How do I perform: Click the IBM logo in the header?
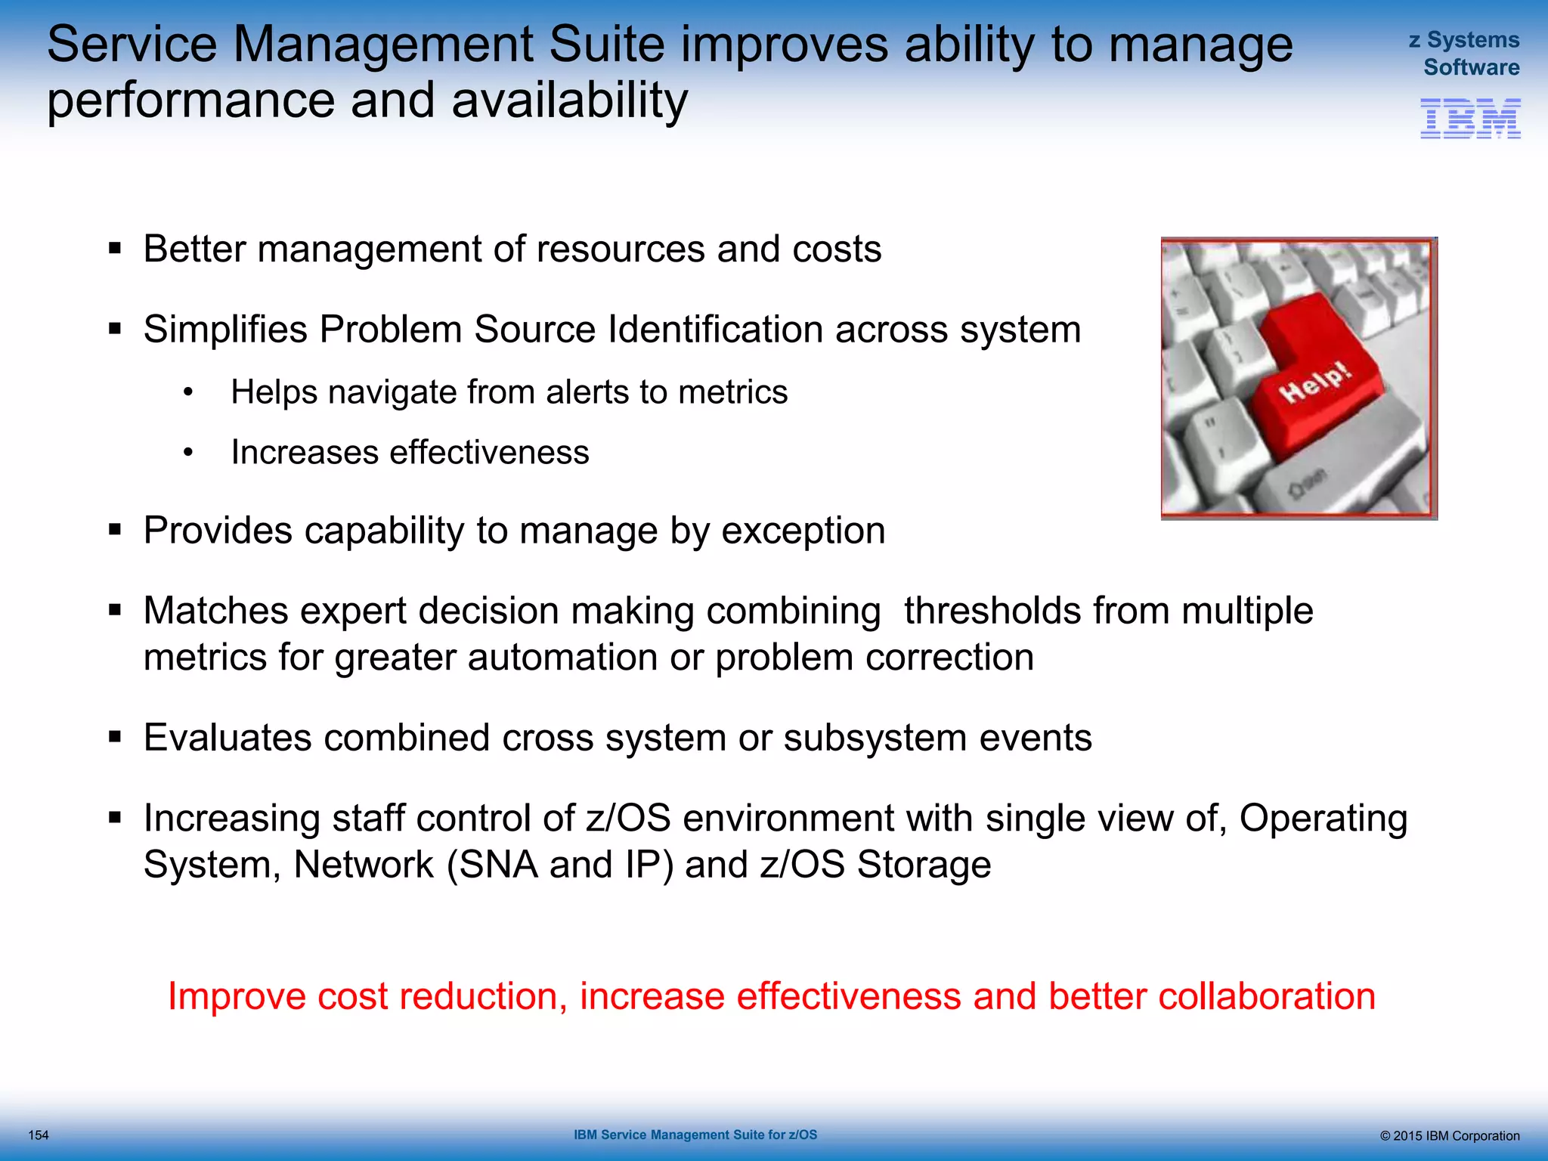[1470, 119]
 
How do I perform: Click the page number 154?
[38, 1135]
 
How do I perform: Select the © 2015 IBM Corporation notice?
[1449, 1136]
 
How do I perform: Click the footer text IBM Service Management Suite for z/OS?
[695, 1135]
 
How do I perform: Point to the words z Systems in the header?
[1463, 40]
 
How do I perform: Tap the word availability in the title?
[569, 101]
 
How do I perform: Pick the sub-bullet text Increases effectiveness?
[410, 453]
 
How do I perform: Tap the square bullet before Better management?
[115, 249]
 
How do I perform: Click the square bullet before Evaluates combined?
[115, 737]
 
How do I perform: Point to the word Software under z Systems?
[1471, 68]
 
